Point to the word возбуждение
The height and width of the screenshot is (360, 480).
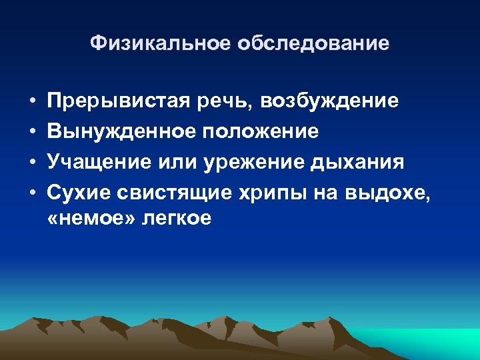point(331,101)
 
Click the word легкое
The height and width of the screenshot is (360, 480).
point(176,218)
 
